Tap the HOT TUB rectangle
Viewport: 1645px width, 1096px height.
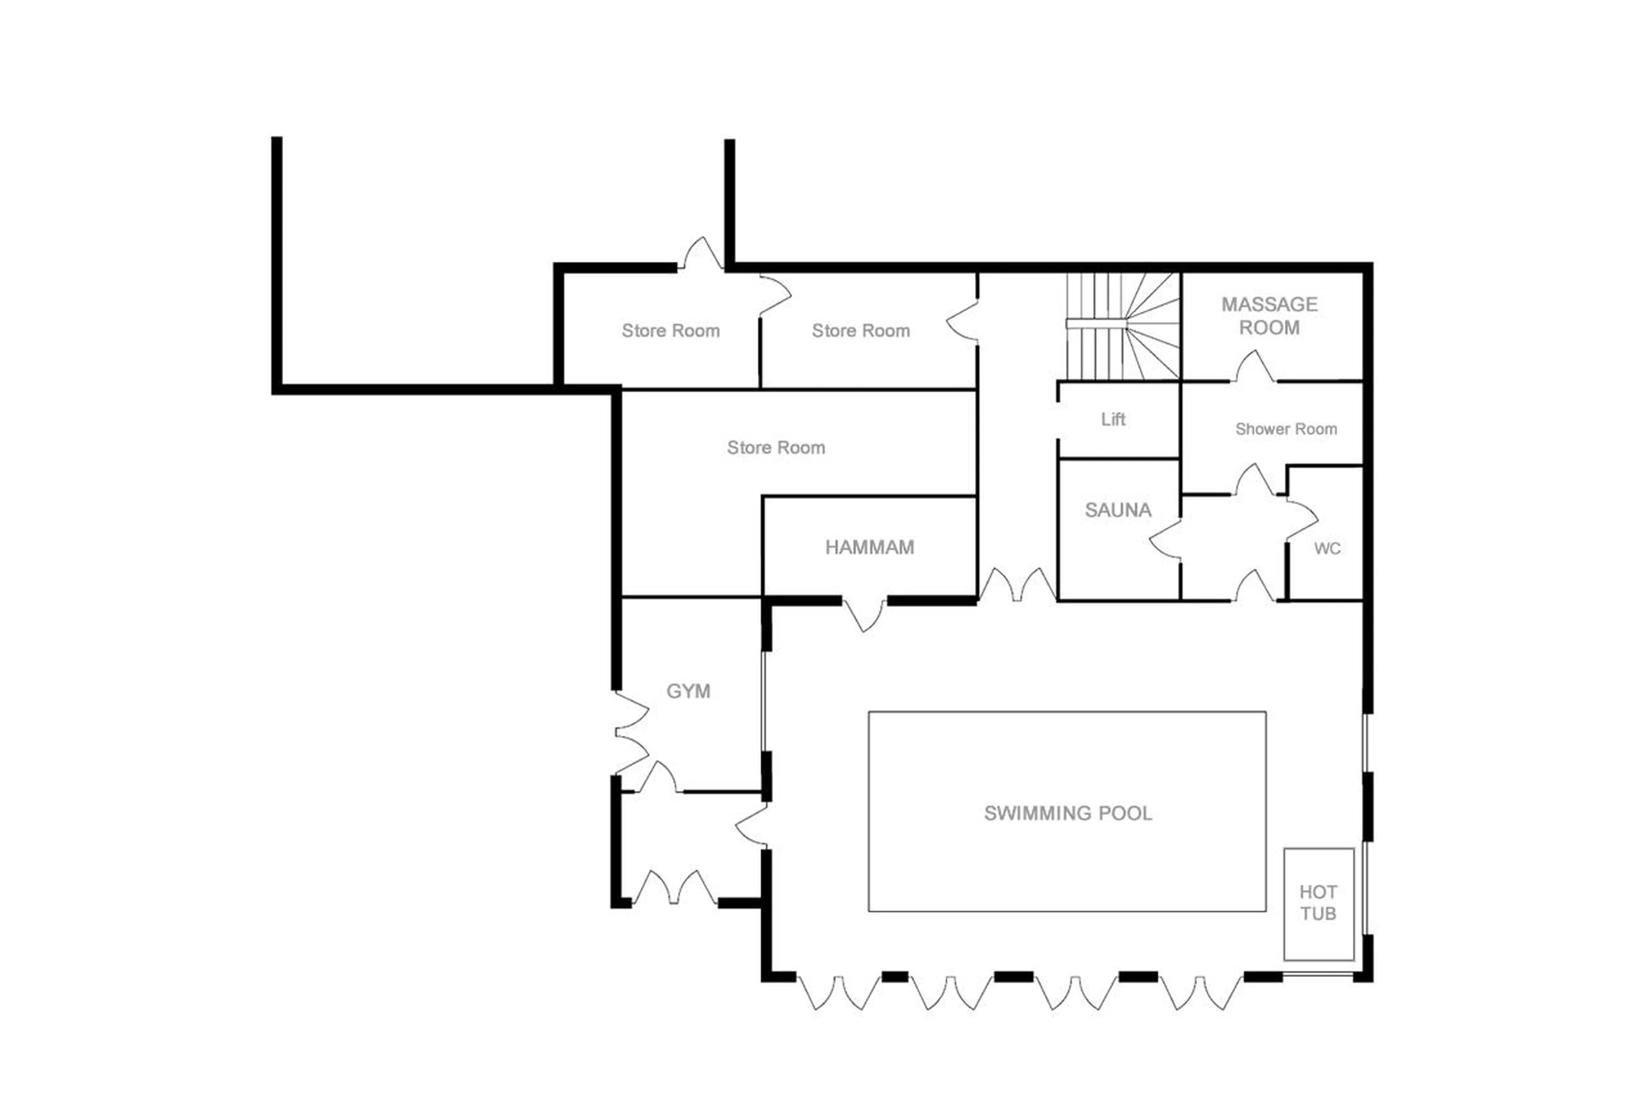[x=1318, y=903]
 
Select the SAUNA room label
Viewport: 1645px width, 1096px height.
[x=1117, y=510]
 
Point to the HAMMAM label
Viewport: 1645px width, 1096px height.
[x=869, y=547]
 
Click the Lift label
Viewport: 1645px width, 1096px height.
[x=1113, y=419]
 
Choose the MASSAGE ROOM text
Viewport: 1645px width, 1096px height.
[x=1269, y=316]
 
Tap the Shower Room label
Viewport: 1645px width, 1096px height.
[x=1285, y=429]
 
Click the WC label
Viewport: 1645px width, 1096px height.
[x=1326, y=549]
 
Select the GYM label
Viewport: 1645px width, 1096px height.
[x=688, y=691]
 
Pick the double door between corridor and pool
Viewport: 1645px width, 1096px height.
[x=1017, y=586]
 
